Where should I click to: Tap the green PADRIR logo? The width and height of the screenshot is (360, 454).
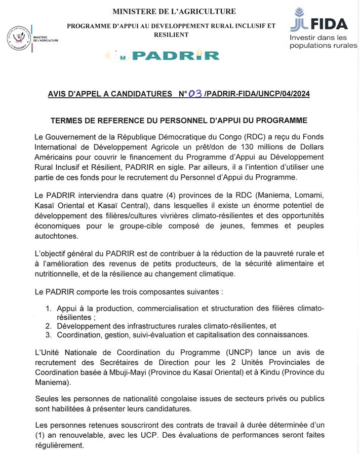point(175,56)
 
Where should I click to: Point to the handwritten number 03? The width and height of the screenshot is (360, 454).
point(195,94)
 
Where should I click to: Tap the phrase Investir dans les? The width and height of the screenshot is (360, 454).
point(318,37)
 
